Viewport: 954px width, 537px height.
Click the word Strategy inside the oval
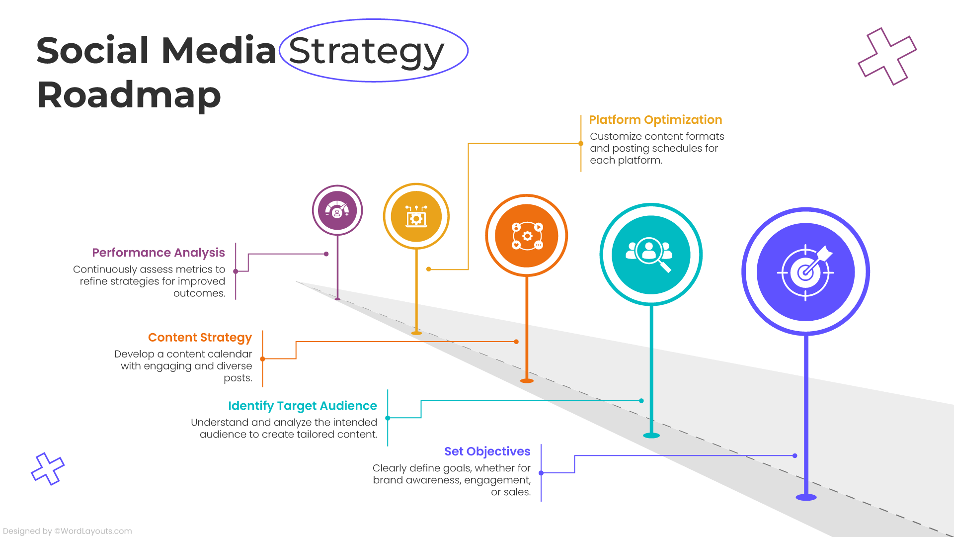366,51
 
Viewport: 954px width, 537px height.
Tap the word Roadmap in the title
129,95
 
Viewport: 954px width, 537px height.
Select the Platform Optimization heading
655,120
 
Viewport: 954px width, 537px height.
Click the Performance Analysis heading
159,253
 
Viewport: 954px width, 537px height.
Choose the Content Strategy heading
200,338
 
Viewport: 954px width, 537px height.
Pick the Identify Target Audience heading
302,406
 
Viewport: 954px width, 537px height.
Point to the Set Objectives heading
487,451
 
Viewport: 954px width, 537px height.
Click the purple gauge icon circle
337,210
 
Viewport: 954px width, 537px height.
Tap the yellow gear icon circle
416,216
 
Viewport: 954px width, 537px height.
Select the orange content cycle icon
527,236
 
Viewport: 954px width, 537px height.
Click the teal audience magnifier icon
651,255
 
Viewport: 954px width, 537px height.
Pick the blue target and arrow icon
805,272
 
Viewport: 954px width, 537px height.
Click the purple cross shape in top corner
887,56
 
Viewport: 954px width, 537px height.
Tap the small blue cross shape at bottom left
48,469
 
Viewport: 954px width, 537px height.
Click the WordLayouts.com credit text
93,531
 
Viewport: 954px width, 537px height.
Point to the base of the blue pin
806,497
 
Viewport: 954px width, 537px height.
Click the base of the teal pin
651,436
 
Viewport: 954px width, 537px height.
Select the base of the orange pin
527,381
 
